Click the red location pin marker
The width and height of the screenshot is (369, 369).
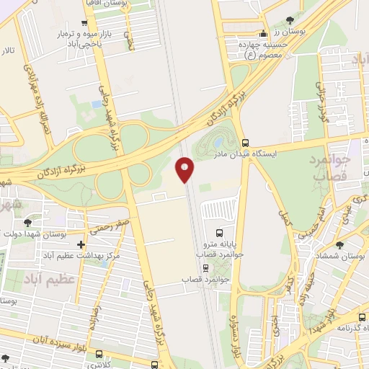coord(185,169)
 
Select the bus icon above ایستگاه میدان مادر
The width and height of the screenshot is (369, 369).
coord(246,142)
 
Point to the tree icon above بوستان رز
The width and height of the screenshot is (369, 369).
coord(289,21)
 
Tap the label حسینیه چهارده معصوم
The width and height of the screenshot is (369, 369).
coord(264,48)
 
